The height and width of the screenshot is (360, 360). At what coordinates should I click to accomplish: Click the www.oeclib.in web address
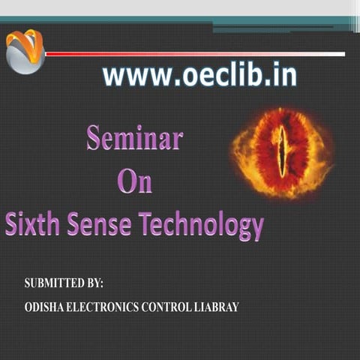click(x=199, y=76)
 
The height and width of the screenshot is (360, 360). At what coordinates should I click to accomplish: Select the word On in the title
click(x=135, y=181)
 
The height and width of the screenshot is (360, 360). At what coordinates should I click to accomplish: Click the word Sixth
click(x=33, y=223)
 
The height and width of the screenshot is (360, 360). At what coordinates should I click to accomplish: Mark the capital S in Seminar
click(x=93, y=139)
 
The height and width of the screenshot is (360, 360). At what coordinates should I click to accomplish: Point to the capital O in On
click(x=127, y=181)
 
